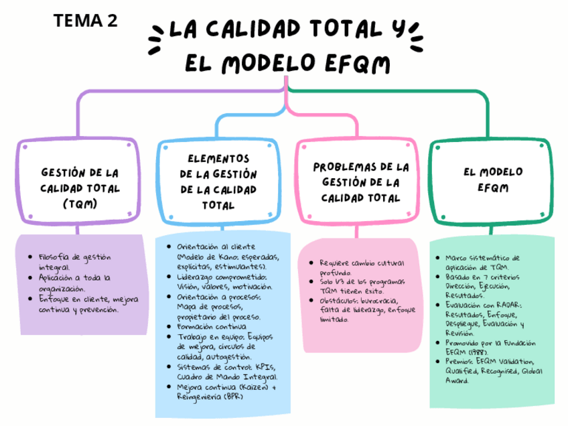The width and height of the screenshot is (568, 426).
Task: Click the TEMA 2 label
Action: point(86,21)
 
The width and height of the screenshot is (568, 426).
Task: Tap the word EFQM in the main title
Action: point(356,64)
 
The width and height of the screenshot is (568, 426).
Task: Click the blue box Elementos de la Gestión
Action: point(219,182)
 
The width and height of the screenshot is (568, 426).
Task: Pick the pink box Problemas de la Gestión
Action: point(360,182)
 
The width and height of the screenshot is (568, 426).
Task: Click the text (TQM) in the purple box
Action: point(80,204)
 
